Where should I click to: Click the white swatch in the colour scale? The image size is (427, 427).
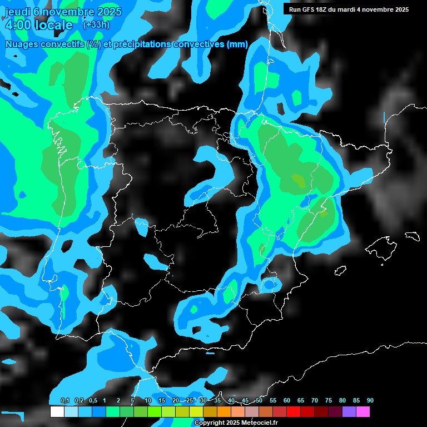click(x=57, y=411)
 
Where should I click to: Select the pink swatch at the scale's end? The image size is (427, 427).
click(x=363, y=411)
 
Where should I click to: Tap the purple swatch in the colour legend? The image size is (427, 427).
click(x=349, y=411)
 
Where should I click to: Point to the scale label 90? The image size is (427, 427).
click(x=370, y=400)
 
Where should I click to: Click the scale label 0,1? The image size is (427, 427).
click(x=65, y=400)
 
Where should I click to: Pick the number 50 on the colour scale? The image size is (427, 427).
click(x=259, y=400)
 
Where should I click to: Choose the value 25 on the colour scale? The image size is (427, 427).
click(x=190, y=400)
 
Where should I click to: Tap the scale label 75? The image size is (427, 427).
click(x=328, y=400)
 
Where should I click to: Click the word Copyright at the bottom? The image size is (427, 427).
click(x=210, y=423)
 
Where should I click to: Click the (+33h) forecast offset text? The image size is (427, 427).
click(x=96, y=25)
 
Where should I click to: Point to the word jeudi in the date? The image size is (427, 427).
click(x=18, y=11)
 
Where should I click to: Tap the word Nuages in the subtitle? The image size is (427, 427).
click(x=22, y=44)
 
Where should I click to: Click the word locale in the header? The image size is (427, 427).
click(x=54, y=26)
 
